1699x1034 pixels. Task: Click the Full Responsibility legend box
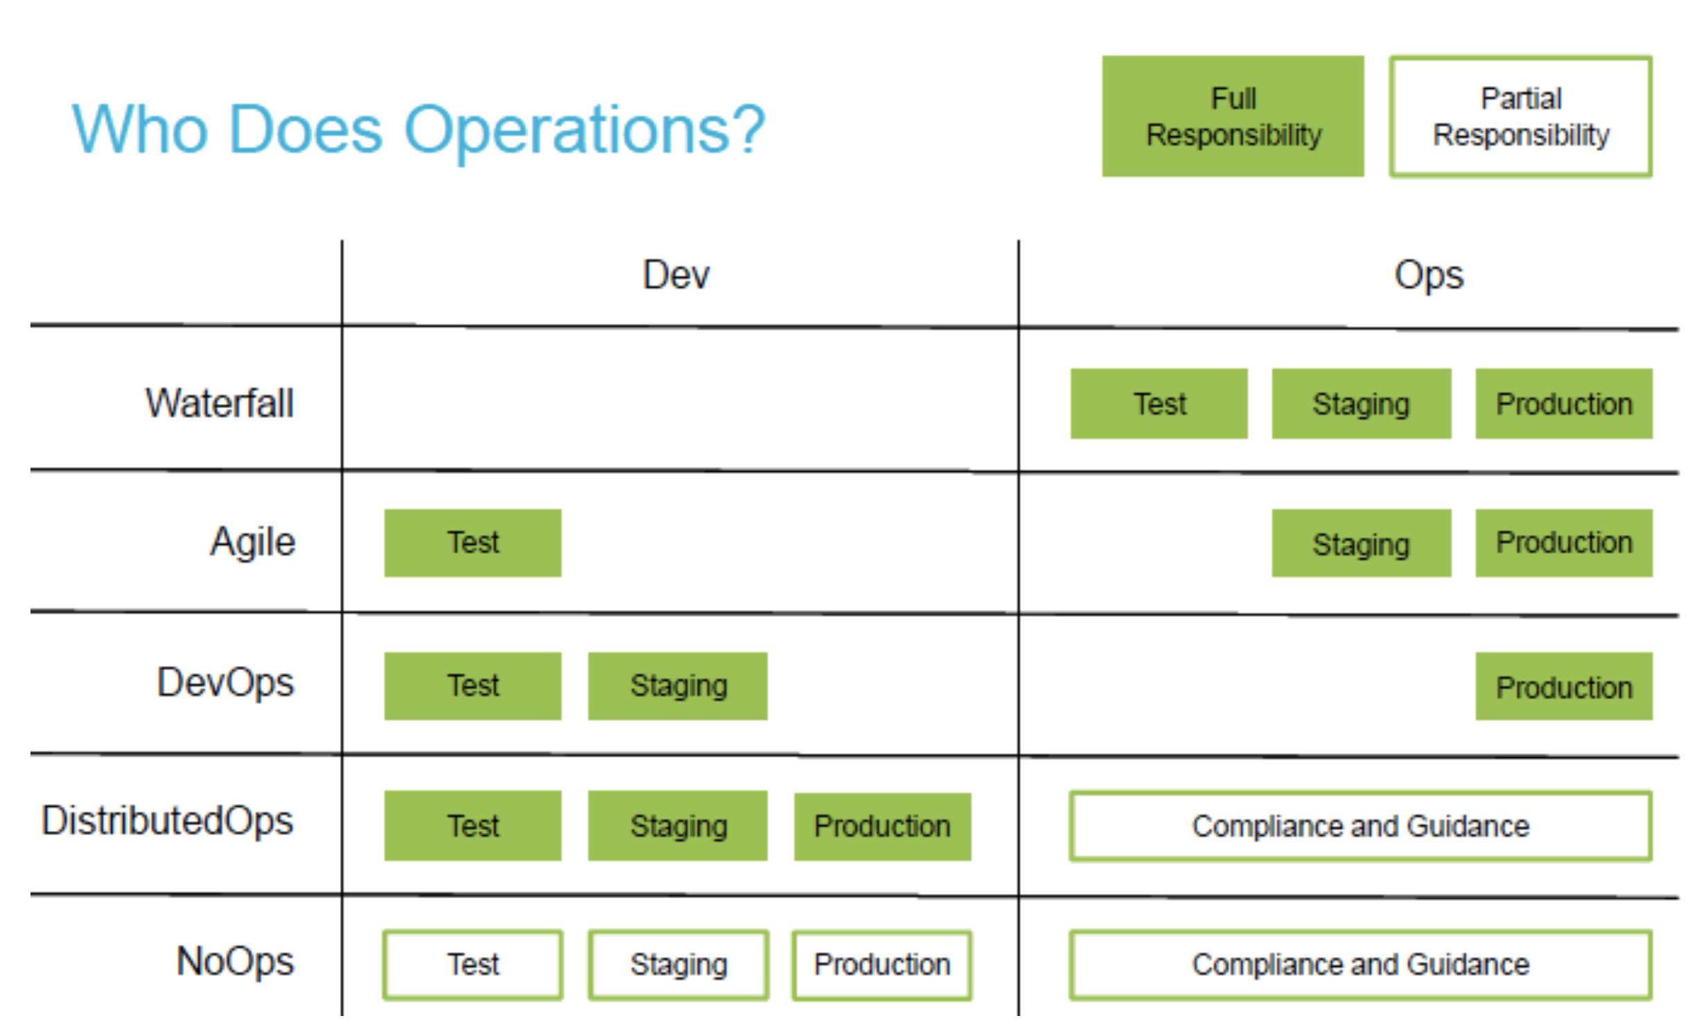pos(1233,116)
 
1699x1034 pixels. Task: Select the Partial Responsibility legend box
pos(1520,116)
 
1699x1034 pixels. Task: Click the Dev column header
pos(676,275)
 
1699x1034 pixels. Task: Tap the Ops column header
pos(1428,275)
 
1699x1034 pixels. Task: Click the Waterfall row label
pos(220,403)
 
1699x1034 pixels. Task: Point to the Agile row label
pos(253,542)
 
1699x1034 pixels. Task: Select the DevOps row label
pos(226,683)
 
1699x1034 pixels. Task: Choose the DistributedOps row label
pos(168,821)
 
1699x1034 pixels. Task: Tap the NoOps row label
pos(236,962)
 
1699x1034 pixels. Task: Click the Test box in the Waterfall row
pos(1159,403)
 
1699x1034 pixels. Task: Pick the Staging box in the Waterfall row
pos(1361,403)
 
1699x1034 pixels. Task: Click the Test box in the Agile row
pos(473,543)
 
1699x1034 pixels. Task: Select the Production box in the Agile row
pos(1563,543)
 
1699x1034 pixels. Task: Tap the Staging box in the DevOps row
pos(678,686)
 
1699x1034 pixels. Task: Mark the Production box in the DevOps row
pos(1563,686)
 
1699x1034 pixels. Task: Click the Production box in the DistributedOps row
pos(882,826)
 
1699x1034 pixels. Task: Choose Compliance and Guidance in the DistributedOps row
pos(1360,826)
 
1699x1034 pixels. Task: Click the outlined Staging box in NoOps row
pos(678,965)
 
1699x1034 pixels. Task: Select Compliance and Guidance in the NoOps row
pos(1360,965)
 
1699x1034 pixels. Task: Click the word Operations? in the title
pos(584,130)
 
